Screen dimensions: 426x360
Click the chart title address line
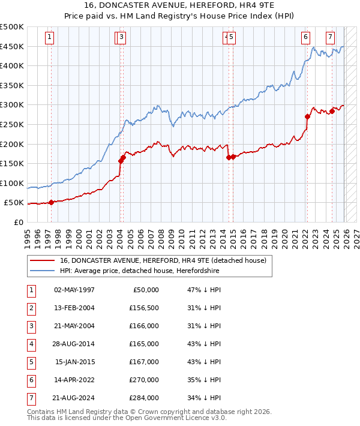tap(180, 7)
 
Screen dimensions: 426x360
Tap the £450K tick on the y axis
tap(13, 46)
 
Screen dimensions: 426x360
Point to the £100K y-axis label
tap(13, 183)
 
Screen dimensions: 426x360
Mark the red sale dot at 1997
tap(51, 202)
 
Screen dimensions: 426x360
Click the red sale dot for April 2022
tap(307, 117)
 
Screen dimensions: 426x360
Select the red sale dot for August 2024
tap(332, 111)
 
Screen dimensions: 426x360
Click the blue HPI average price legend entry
tap(139, 271)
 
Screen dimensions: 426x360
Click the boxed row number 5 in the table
tap(31, 362)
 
